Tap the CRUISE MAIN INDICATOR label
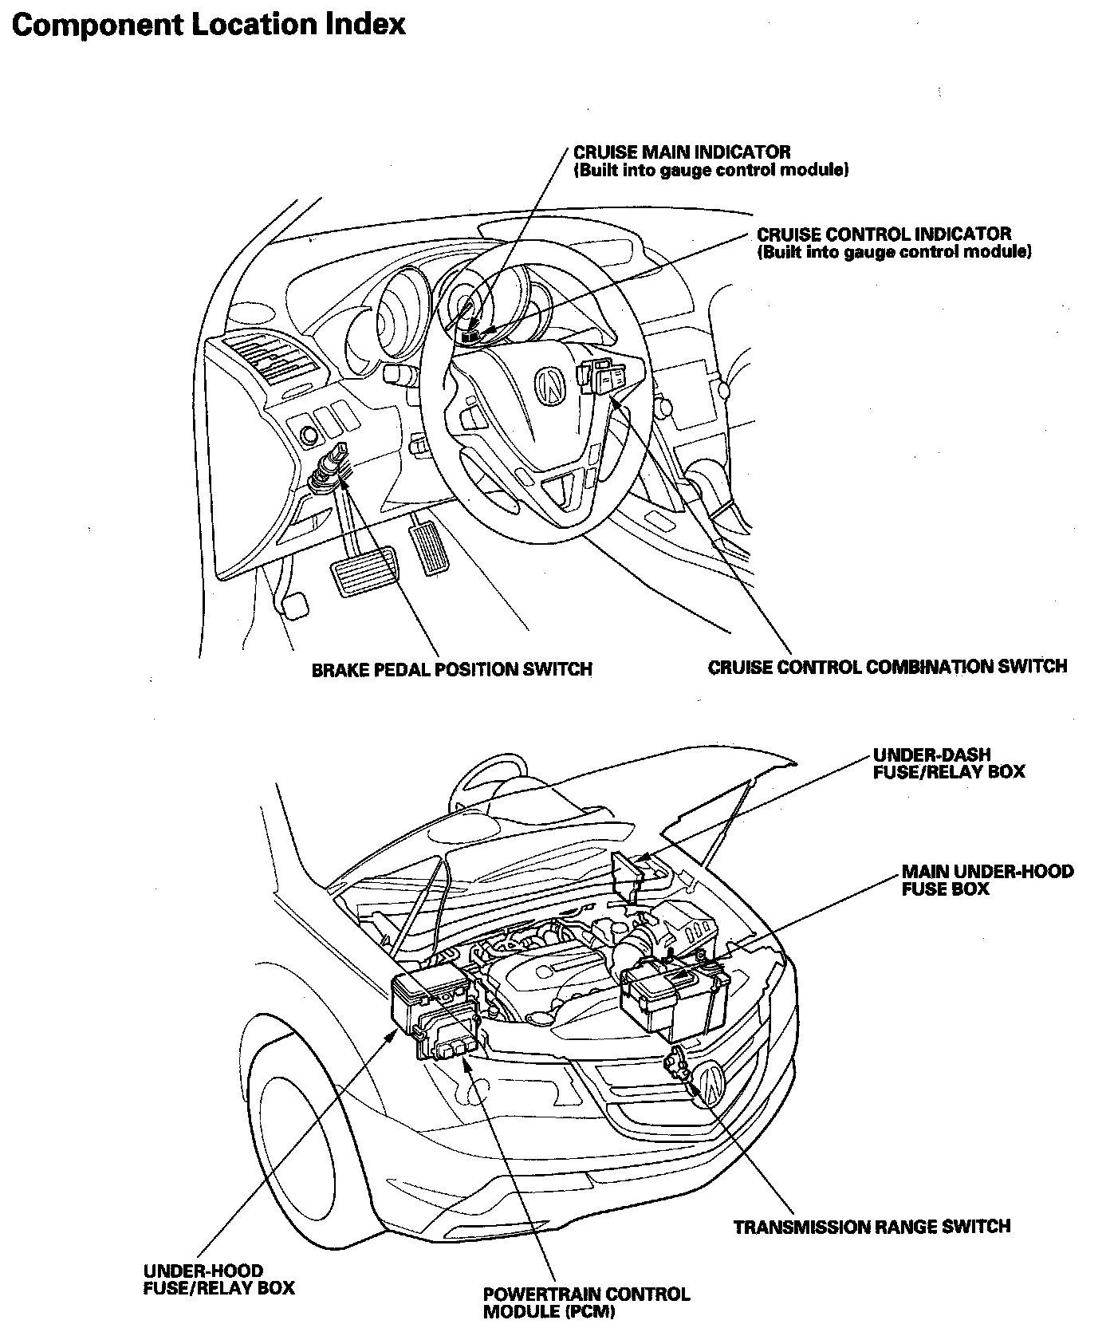(682, 152)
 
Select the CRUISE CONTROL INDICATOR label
(884, 234)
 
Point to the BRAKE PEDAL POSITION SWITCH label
(451, 669)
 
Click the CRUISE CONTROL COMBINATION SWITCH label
(887, 666)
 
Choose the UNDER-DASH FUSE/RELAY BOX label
(948, 763)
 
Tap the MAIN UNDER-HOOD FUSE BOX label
(987, 880)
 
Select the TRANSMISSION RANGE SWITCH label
(872, 1226)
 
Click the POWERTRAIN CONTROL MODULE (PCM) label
(586, 1302)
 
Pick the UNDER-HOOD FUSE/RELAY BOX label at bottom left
(218, 1279)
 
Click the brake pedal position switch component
(329, 467)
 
